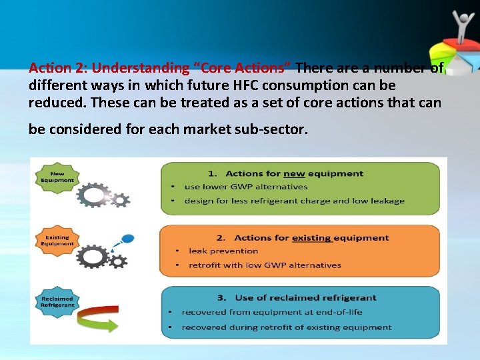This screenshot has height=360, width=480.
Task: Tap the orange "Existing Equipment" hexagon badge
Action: click(58, 240)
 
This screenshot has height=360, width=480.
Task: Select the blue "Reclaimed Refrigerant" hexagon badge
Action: click(57, 301)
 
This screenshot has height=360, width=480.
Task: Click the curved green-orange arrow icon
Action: click(96, 323)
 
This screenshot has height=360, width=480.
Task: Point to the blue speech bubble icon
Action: click(127, 238)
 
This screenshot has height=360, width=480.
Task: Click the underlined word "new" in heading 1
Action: click(293, 174)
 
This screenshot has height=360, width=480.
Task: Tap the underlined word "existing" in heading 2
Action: click(311, 238)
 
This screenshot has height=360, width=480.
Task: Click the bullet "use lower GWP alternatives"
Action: click(245, 187)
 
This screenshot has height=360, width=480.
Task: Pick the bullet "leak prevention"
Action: click(223, 251)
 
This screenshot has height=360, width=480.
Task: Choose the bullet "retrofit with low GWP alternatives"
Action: click(264, 265)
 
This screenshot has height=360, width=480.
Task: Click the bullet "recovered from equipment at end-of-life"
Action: click(271, 312)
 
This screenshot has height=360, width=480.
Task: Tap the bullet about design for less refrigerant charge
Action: click(294, 201)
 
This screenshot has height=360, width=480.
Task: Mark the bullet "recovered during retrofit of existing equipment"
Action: click(286, 327)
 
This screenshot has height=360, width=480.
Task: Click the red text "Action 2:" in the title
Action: click(58, 68)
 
